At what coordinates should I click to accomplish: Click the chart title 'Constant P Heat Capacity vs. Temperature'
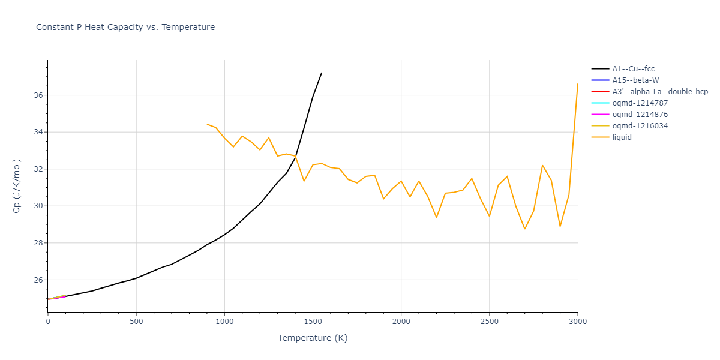click(125, 27)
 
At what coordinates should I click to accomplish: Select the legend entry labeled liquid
click(622, 137)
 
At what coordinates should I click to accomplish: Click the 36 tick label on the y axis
click(38, 95)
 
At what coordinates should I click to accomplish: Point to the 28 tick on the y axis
click(38, 243)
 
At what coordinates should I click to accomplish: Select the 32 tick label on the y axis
click(38, 169)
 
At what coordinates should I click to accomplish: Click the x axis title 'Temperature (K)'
click(313, 338)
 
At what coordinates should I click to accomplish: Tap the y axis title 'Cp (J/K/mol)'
click(17, 186)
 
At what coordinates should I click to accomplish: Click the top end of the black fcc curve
click(322, 73)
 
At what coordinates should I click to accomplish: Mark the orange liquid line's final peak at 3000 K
click(577, 84)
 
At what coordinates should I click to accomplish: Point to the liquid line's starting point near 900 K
click(207, 124)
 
